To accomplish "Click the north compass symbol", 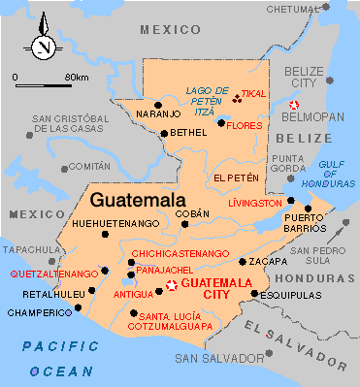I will pyautogui.click(x=42, y=45).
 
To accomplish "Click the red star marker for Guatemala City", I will pyautogui.click(x=173, y=285).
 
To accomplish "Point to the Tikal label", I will pyautogui.click(x=253, y=94).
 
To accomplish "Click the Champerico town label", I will pyautogui.click(x=38, y=312).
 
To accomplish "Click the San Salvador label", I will pyautogui.click(x=213, y=358).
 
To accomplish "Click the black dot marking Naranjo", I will pyautogui.click(x=157, y=104).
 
